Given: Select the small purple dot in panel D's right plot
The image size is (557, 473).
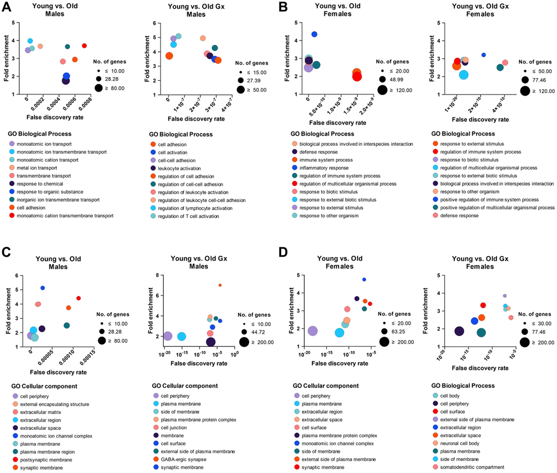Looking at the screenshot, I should pos(505,296).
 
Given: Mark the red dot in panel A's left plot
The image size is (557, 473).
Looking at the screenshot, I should pos(84,46).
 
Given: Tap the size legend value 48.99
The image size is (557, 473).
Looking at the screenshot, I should pos(393,81).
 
